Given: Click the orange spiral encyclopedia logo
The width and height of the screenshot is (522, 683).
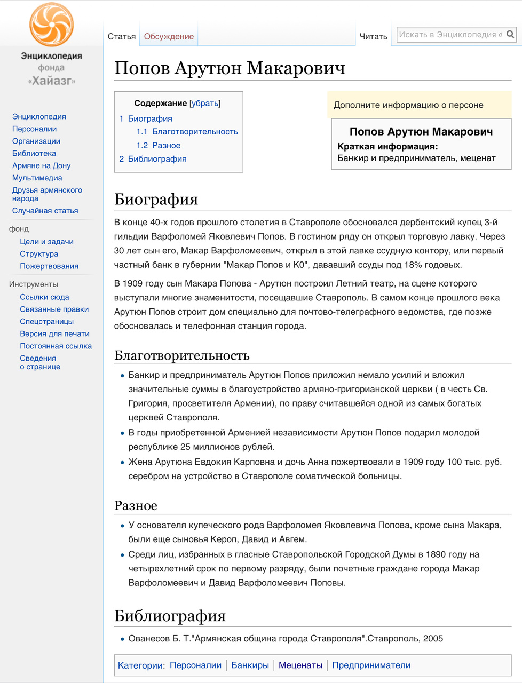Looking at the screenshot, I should [x=51, y=25].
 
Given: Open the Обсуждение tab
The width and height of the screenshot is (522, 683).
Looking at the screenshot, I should [x=169, y=36].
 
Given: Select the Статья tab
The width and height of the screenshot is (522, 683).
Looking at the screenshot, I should [x=122, y=36].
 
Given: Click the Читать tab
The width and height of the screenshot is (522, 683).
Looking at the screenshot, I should [x=373, y=36].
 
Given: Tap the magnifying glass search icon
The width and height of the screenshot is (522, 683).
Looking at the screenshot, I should [x=510, y=35].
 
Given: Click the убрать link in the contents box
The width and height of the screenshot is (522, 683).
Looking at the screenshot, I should [x=205, y=103].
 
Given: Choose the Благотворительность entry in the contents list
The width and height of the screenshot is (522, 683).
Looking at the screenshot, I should [x=195, y=131].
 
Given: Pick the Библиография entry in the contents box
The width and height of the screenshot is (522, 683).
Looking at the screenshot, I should [x=157, y=159].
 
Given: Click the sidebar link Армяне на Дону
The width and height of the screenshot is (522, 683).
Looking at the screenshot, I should [x=41, y=165].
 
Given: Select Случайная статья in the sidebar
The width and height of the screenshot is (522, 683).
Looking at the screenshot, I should [x=45, y=211].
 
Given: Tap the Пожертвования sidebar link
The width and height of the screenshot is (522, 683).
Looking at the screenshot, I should [x=49, y=266].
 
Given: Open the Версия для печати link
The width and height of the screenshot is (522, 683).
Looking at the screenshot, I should [x=54, y=333].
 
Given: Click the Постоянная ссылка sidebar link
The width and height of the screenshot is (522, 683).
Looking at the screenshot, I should [x=56, y=346].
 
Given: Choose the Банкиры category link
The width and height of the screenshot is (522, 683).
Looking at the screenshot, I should [x=250, y=665].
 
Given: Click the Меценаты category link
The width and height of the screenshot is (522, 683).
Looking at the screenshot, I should [x=300, y=665].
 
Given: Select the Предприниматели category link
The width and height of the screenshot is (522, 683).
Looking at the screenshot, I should [x=371, y=665].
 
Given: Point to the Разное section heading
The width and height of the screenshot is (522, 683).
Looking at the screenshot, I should [x=136, y=505].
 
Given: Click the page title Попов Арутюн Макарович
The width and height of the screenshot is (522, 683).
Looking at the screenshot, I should [x=230, y=68].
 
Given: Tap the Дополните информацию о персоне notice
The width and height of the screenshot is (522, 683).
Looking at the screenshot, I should [x=408, y=105].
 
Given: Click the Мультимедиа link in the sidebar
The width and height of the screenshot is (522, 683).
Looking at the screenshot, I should [x=37, y=178].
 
